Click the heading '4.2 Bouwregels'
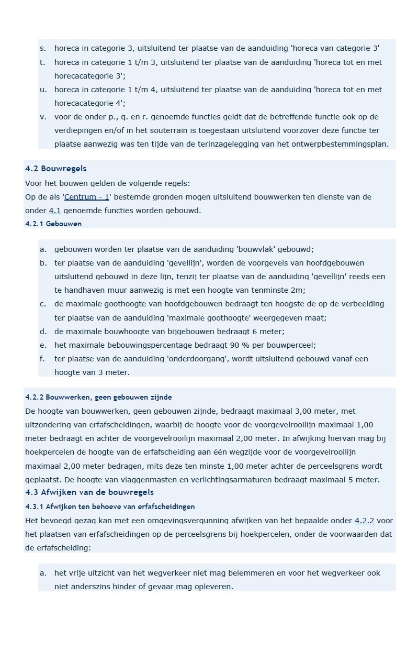55,169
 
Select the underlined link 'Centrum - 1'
86,197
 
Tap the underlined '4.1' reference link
55,211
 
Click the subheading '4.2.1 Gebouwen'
53,224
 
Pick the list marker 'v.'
43,117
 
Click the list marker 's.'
42,48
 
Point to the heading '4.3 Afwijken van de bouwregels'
89,492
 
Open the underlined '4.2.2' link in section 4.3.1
364,521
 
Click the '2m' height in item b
298,290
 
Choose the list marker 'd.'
43,332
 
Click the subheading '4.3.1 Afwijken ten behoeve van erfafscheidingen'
110,506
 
